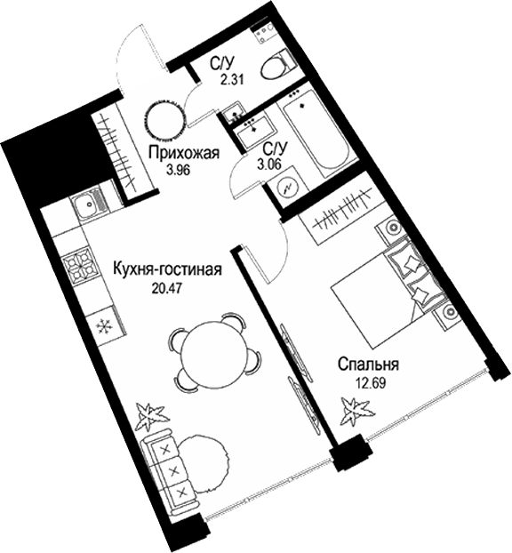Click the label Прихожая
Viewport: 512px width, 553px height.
[184, 152]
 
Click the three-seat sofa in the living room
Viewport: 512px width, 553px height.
[172, 468]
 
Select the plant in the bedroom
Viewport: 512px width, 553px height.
[357, 412]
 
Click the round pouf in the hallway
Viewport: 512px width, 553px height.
[165, 117]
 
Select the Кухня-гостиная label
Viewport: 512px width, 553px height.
[166, 268]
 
